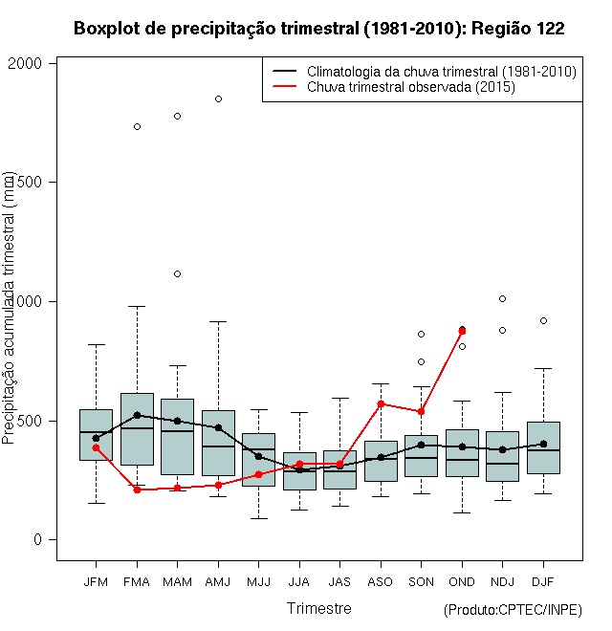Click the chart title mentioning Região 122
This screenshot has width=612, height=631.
point(318,29)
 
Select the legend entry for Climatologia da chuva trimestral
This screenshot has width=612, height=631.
point(441,72)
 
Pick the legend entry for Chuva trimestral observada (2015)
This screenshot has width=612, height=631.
point(411,87)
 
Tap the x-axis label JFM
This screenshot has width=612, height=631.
point(96,581)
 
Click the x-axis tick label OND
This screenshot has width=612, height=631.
point(462,581)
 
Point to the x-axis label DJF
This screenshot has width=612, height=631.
point(543,581)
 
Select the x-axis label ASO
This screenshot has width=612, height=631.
point(381,581)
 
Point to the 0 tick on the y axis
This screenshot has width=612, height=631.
point(39,540)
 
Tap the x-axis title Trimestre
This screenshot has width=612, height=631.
point(318,608)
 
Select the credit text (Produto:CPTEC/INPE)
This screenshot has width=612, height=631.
point(513,610)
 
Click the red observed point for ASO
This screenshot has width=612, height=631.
point(381,403)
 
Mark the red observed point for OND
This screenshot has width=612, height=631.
point(462,332)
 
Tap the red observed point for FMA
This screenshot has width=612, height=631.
point(137,490)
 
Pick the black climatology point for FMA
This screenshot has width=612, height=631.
point(137,415)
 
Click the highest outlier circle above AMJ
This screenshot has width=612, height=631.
point(218,98)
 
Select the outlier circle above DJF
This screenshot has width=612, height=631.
point(543,320)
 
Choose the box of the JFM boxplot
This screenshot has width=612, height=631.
point(96,435)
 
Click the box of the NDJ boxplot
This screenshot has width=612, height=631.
point(502,456)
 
